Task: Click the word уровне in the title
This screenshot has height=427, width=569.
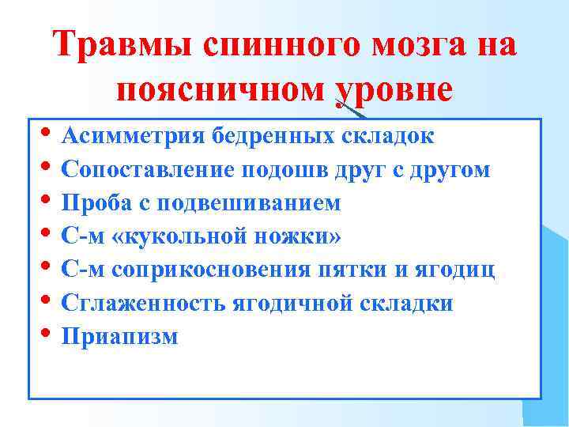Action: pos(394,91)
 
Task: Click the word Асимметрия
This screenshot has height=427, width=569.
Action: pos(131,135)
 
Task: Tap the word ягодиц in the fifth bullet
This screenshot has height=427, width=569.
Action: pos(462,270)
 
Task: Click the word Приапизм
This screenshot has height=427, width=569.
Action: pos(119,337)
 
